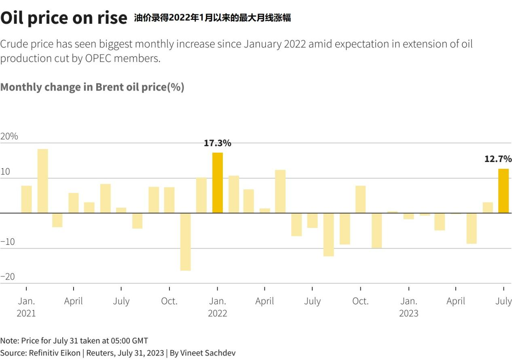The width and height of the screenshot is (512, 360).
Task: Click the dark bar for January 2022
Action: tap(218, 183)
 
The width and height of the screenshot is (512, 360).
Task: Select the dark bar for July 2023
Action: tap(504, 191)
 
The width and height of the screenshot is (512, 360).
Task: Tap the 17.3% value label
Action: tap(218, 143)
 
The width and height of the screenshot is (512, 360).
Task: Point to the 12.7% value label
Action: tap(498, 159)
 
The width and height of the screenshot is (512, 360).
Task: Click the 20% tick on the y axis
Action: tap(9, 136)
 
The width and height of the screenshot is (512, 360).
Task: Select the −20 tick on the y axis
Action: tap(8, 277)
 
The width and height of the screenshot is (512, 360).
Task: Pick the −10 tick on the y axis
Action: tap(8, 242)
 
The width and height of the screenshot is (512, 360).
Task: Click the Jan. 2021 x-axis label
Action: tap(26, 307)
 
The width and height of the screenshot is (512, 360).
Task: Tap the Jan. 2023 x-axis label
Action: tap(409, 307)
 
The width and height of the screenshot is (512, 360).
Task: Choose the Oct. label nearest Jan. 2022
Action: tap(169, 301)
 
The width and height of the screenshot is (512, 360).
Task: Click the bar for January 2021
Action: tap(26, 199)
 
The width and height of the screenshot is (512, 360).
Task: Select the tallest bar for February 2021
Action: tap(43, 181)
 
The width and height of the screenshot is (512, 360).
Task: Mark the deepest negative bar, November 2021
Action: tap(186, 242)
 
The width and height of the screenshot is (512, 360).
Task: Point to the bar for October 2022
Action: tap(361, 199)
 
